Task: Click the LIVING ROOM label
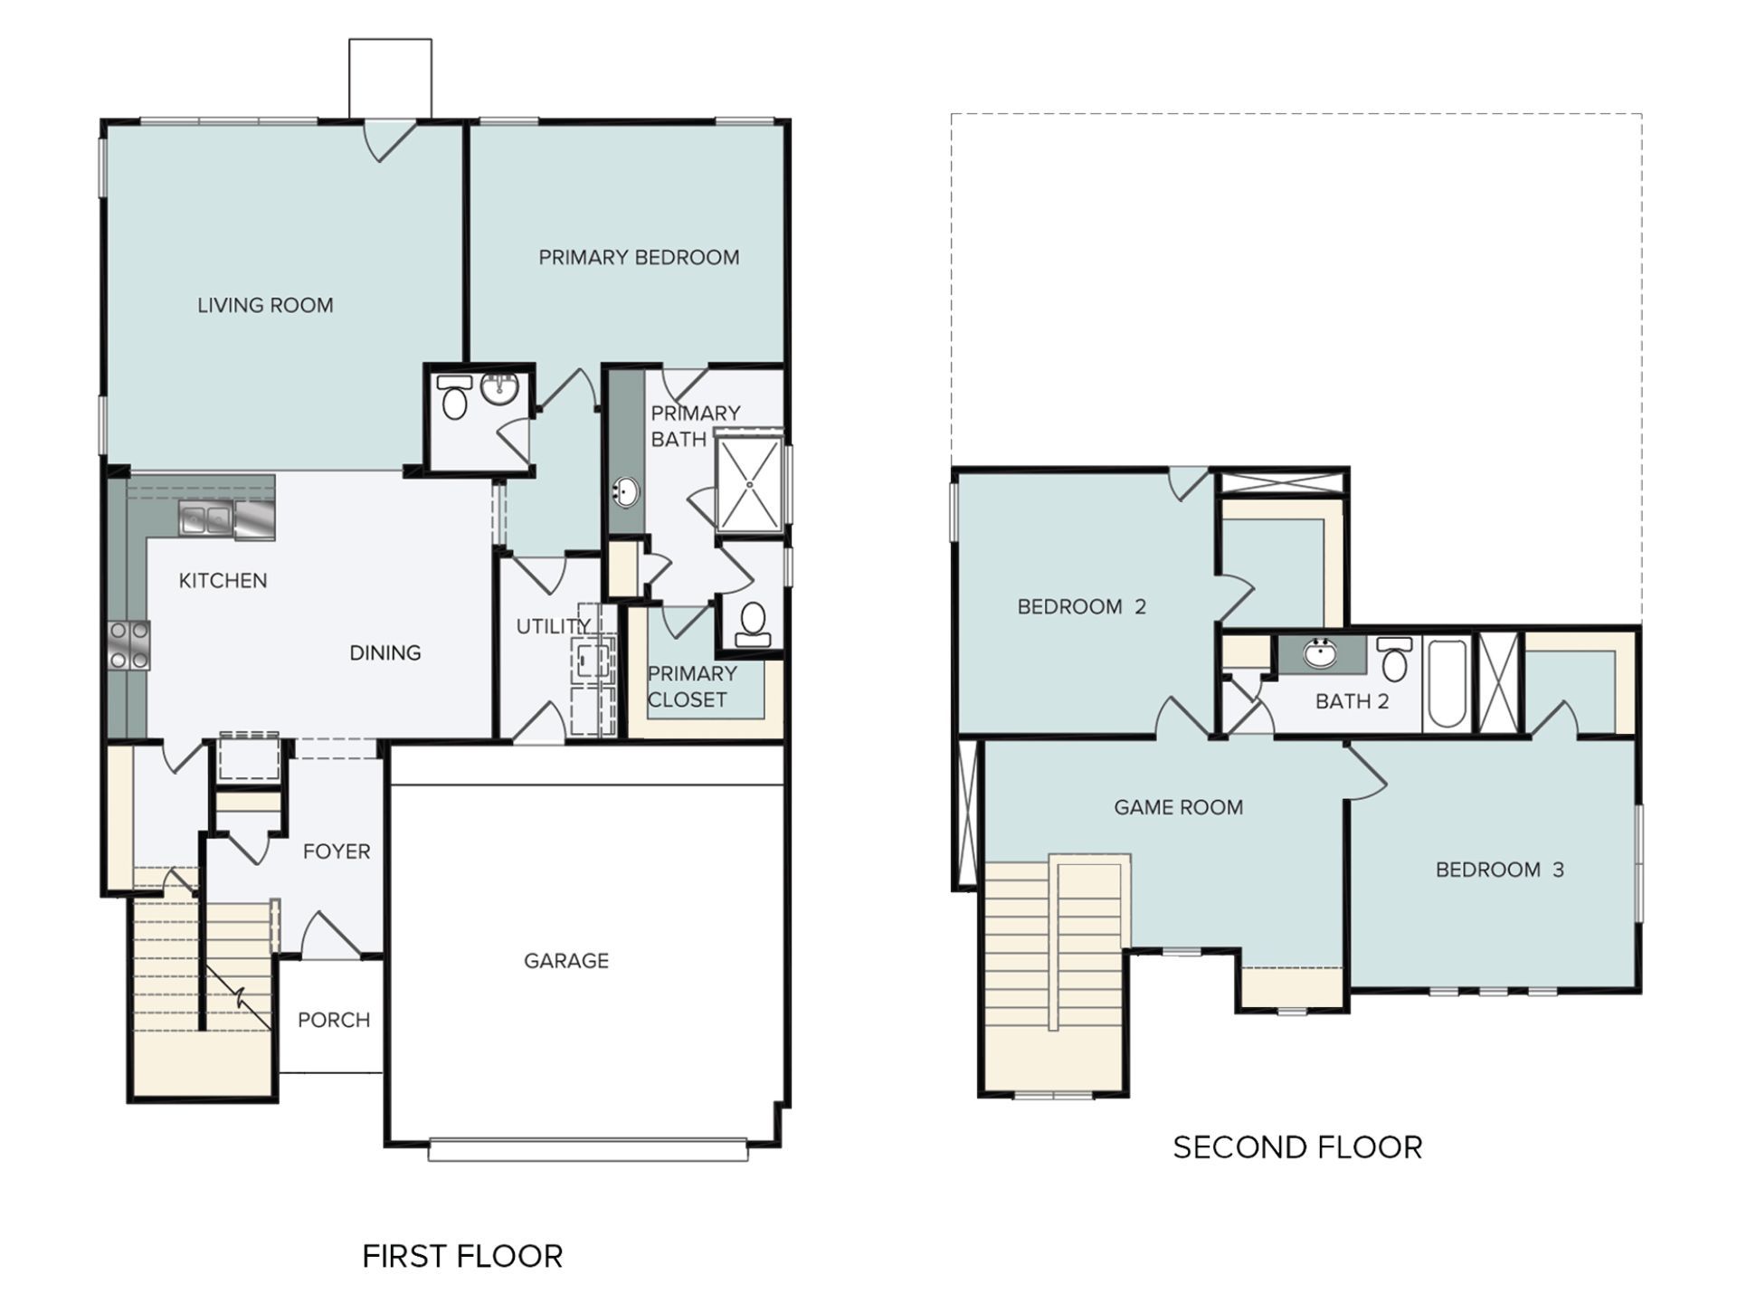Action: (x=265, y=306)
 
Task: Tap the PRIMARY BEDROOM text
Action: (x=639, y=258)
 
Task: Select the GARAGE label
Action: (x=566, y=961)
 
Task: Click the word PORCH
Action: (x=334, y=1021)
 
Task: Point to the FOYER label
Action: (x=337, y=851)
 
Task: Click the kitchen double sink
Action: (x=205, y=519)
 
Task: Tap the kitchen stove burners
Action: (x=129, y=645)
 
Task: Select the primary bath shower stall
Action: (x=749, y=484)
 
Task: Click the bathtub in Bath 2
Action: (x=1447, y=683)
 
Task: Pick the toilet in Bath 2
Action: (x=1395, y=661)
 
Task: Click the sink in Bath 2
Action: (x=1322, y=652)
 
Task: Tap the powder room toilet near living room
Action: (x=454, y=398)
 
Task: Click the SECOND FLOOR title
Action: (x=1297, y=1147)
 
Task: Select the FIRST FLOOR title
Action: (x=462, y=1256)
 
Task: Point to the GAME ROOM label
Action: (x=1178, y=807)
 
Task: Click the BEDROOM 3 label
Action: (x=1499, y=870)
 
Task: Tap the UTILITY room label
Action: (x=553, y=626)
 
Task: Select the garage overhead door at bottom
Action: (x=588, y=1150)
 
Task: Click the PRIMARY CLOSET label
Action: (x=691, y=687)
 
